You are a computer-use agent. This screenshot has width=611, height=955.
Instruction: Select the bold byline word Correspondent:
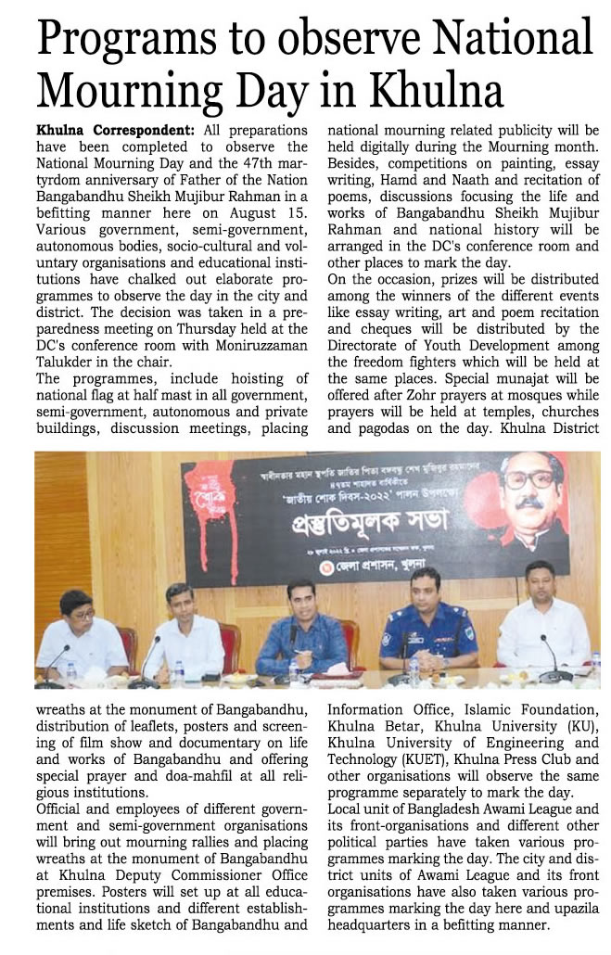click(145, 131)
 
